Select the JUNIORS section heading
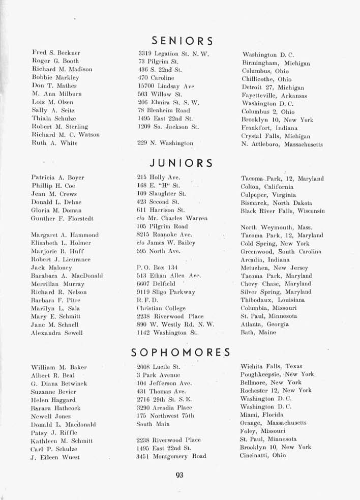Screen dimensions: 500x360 (182, 163)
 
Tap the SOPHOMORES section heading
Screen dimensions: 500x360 (181, 352)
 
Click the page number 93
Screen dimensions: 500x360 (178, 476)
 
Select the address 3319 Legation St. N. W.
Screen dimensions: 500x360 (170, 53)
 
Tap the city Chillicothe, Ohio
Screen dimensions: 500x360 (266, 80)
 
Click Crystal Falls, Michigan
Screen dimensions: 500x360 (275, 137)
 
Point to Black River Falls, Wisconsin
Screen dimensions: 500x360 (282, 211)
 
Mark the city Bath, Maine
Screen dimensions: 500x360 (258, 333)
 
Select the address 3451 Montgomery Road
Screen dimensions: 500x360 (171, 456)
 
